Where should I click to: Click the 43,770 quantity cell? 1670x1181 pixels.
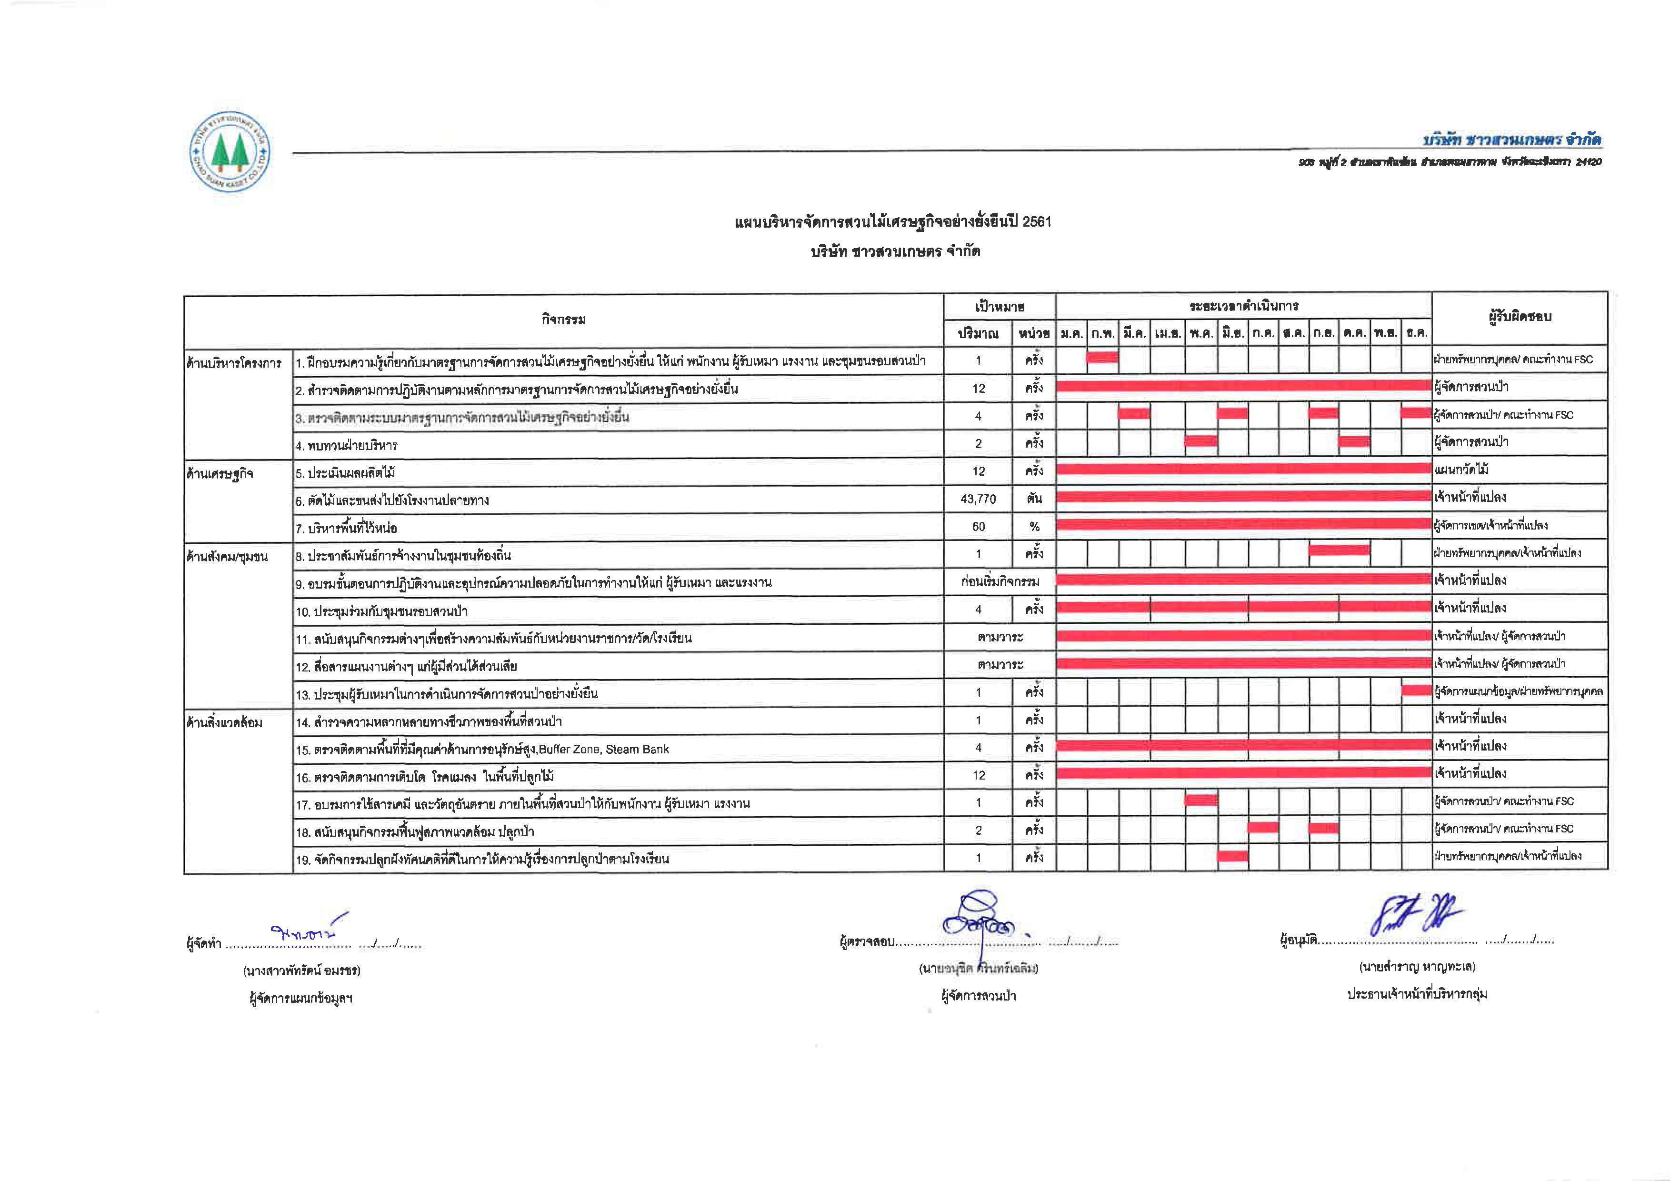978,499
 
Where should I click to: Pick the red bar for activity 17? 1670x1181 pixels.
1201,801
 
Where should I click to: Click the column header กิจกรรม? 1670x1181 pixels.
563,319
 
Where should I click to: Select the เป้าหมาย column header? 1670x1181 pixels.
1000,306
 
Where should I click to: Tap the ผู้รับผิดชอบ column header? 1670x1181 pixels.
1520,316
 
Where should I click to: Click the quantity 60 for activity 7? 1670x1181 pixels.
978,527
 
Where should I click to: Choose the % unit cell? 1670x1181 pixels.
1034,527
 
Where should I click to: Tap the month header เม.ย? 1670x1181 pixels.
1168,334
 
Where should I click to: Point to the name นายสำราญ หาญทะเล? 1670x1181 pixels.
1417,967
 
